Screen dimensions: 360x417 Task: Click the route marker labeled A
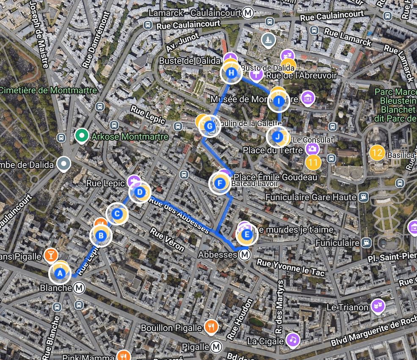pos(60,274)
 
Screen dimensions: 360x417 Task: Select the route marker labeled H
pos(231,73)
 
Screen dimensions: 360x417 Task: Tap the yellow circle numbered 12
pos(377,153)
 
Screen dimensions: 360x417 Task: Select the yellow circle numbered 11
pos(313,162)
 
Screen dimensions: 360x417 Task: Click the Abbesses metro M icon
pos(244,255)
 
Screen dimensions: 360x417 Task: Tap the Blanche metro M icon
pos(79,288)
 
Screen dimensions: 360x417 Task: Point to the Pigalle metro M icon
pos(216,347)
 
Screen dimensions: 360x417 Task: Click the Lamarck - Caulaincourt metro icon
pos(249,14)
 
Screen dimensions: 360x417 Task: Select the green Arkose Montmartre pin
pos(80,136)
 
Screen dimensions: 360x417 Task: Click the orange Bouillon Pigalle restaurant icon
pos(211,326)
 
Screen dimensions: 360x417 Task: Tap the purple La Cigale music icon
pos(292,339)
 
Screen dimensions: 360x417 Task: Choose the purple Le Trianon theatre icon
pos(377,306)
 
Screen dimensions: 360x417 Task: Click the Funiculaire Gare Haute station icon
pos(363,197)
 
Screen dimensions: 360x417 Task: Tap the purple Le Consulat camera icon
pos(312,148)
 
